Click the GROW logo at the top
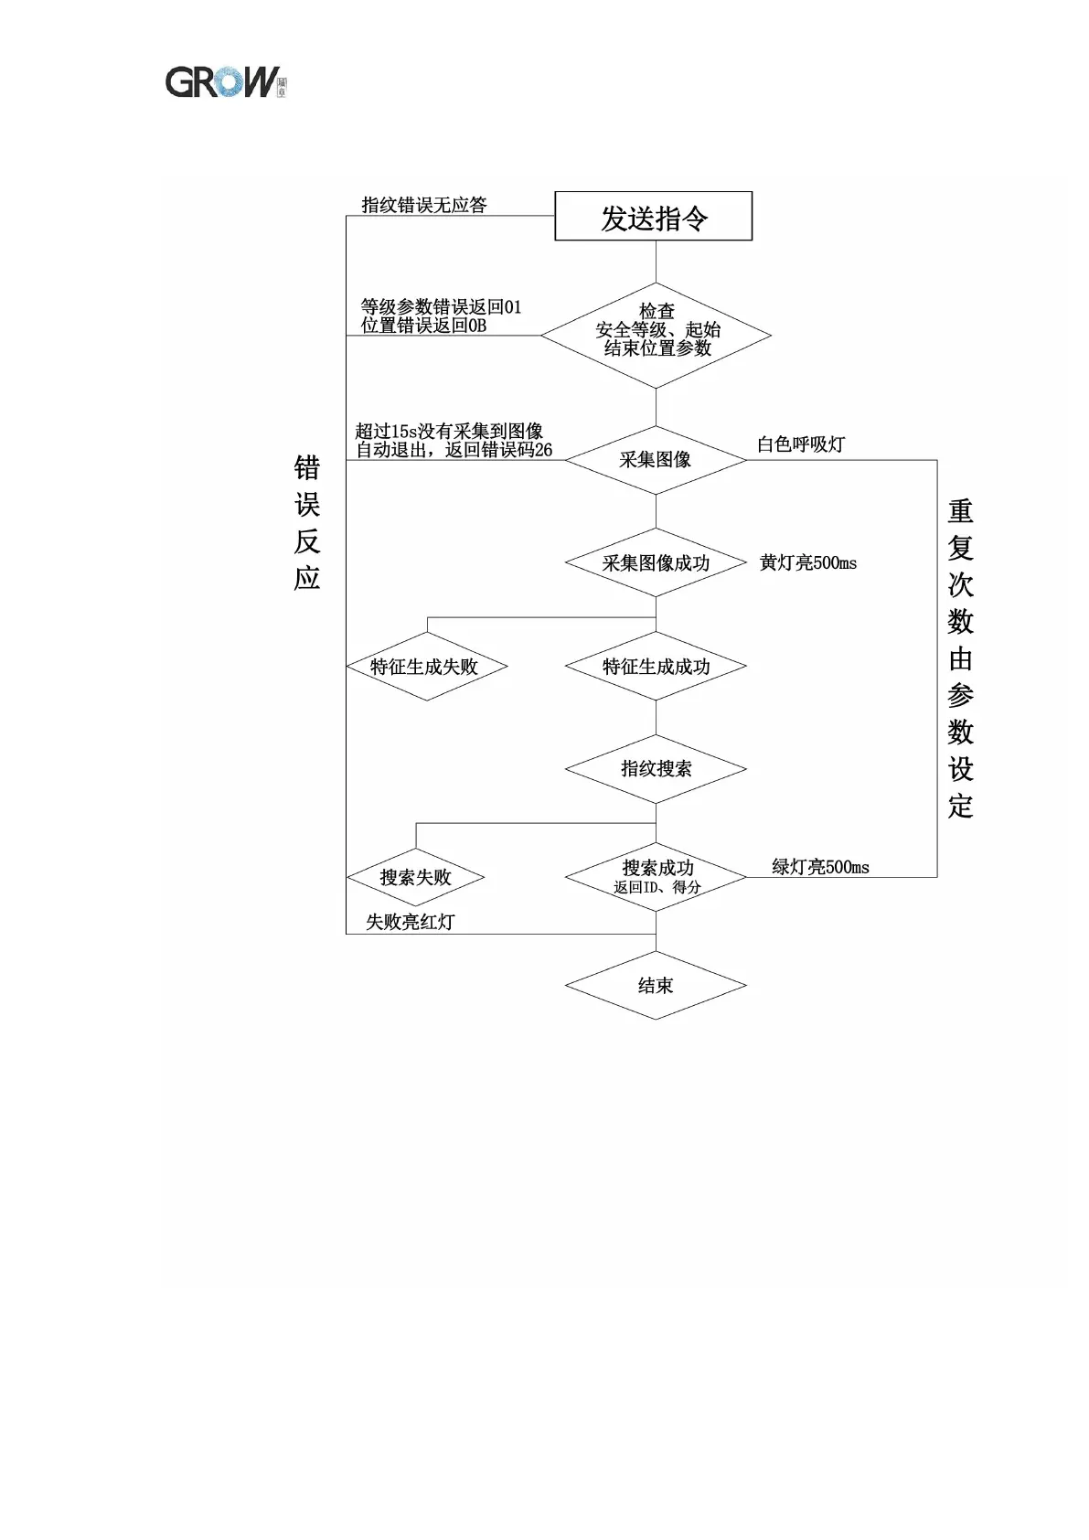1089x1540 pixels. [x=225, y=81]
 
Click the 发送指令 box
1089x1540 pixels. [x=653, y=217]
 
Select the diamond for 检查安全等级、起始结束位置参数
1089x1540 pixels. [x=656, y=335]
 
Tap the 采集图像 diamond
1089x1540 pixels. [x=655, y=460]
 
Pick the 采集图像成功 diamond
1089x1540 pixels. [x=656, y=563]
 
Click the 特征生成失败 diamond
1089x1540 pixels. [x=425, y=667]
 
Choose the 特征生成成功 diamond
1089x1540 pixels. [x=656, y=667]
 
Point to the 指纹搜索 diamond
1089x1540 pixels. [x=656, y=769]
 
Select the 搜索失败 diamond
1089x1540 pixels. [x=415, y=878]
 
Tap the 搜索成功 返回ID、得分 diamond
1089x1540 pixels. [x=656, y=877]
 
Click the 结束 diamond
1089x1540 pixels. [x=656, y=986]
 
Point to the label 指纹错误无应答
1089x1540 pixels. [x=424, y=205]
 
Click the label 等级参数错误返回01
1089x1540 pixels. [x=441, y=306]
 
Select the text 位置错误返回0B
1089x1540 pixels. [x=423, y=326]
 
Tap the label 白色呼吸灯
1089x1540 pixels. [x=801, y=444]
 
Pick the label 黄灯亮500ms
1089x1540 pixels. [x=808, y=563]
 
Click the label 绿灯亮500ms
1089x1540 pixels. [x=820, y=867]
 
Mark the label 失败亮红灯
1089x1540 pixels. [x=410, y=922]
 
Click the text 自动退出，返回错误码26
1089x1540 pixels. [x=454, y=450]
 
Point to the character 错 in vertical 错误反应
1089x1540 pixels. [x=307, y=468]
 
